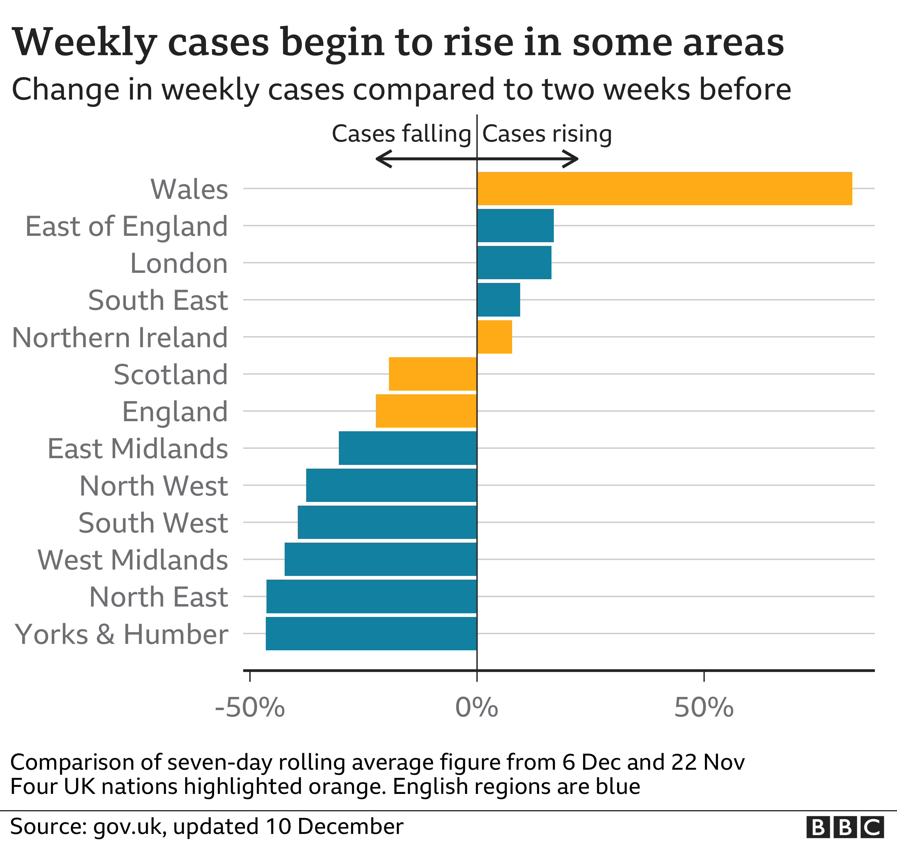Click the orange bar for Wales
[664, 189]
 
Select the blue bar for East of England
[515, 226]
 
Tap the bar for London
[514, 263]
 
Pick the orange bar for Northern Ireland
[495, 337]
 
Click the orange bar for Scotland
[433, 374]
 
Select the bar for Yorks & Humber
[371, 633]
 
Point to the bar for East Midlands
[408, 448]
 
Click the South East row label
[158, 300]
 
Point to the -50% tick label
[250, 707]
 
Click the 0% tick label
[476, 707]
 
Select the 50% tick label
[704, 707]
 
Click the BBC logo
[845, 827]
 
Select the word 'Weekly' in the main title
[84, 43]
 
